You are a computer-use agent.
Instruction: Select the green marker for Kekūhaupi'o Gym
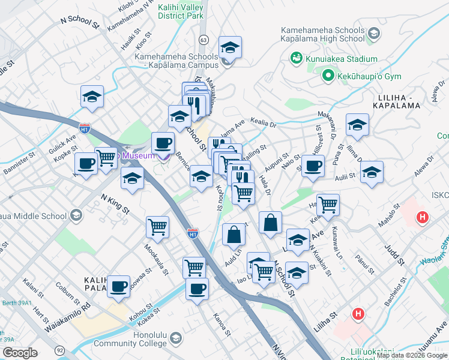[x=328, y=76]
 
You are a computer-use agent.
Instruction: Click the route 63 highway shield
[x=204, y=40]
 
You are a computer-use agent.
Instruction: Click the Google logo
[x=20, y=353]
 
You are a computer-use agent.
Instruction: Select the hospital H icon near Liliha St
[x=359, y=313]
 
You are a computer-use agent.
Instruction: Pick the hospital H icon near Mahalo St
[x=423, y=217]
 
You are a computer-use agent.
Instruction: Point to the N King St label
[x=115, y=203]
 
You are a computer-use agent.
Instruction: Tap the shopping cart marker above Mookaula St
[x=157, y=227]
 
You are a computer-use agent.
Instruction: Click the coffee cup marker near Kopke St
[x=86, y=163]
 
